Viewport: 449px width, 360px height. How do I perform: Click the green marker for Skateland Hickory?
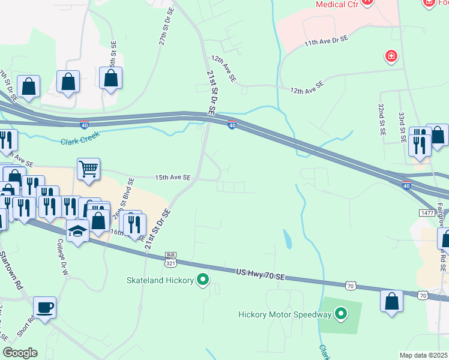tap(203, 280)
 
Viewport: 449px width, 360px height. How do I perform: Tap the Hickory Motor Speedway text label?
tap(285, 314)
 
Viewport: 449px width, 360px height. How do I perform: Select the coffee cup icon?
tap(45, 308)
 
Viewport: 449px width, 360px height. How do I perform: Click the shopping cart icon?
tap(88, 170)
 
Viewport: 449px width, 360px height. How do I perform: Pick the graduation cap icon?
tap(77, 231)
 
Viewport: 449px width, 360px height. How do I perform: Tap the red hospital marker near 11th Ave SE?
tap(391, 56)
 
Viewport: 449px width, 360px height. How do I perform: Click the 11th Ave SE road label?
tap(326, 41)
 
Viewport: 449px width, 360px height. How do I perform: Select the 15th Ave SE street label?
tap(172, 178)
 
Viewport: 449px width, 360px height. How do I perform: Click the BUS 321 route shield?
tap(170, 259)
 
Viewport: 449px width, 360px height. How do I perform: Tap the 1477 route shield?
tap(427, 213)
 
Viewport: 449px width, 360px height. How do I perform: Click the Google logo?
tap(20, 353)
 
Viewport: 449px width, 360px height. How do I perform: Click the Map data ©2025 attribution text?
tap(424, 355)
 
